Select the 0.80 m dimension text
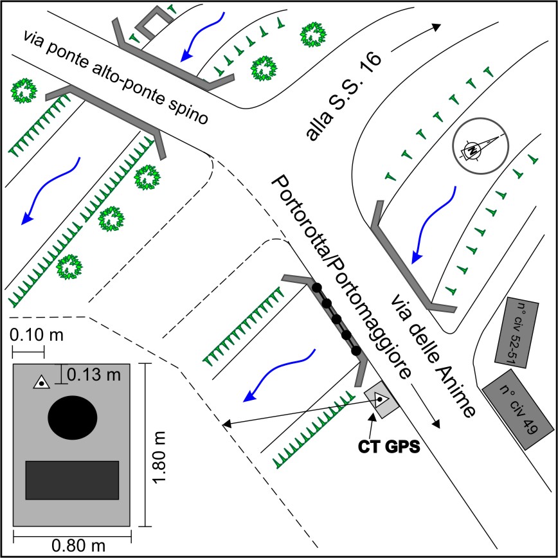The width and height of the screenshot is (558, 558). (78, 546)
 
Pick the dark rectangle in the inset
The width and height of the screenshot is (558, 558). (72, 480)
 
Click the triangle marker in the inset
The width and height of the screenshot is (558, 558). (42, 383)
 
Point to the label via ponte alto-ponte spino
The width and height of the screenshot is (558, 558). (116, 76)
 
